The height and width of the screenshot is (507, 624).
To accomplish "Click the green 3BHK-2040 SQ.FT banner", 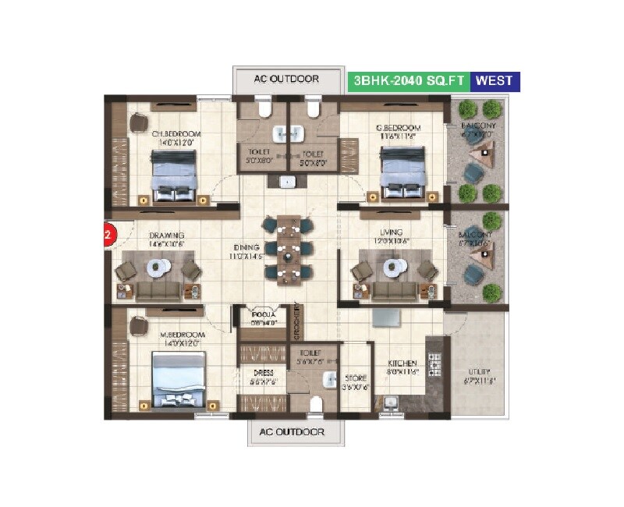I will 409,80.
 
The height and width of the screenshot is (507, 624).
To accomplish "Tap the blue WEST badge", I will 495,80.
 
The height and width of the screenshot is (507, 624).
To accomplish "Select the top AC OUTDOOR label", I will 288,80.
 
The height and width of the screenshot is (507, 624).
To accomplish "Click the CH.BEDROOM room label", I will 176,134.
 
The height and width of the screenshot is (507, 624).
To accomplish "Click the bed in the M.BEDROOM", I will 179,379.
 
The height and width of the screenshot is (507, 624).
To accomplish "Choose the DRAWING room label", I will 167,235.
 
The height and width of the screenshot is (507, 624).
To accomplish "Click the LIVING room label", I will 392,232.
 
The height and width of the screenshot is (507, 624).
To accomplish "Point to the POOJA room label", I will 259,316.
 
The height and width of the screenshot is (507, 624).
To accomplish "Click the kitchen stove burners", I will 434,364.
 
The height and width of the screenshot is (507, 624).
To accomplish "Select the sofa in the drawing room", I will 158,291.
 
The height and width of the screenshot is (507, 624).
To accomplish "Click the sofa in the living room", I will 394,290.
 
